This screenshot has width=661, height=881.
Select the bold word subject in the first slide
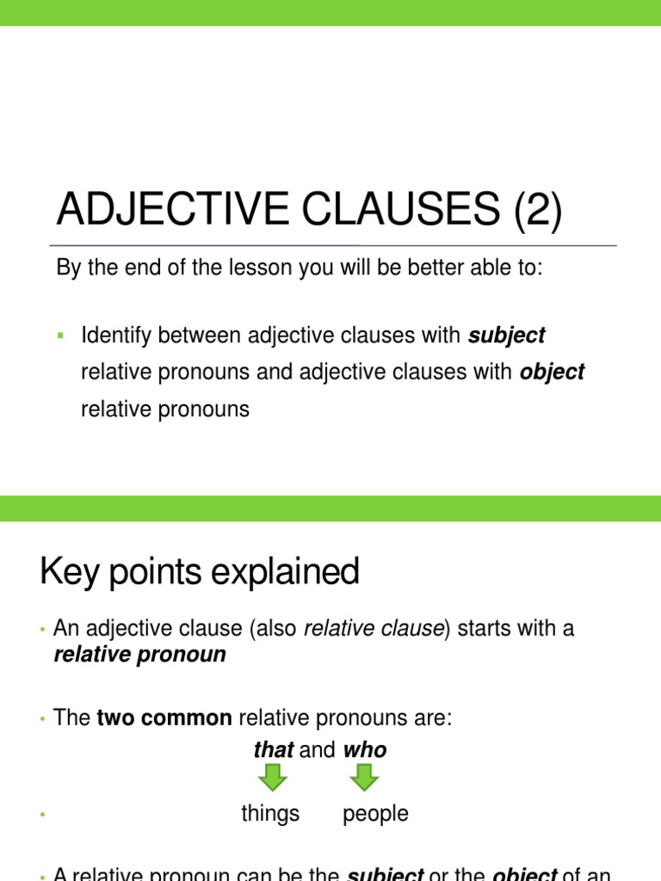(506, 336)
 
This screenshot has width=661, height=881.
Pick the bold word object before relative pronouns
(552, 373)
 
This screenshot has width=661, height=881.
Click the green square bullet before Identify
(60, 335)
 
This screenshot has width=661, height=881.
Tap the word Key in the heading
(69, 572)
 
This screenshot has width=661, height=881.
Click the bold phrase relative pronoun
(139, 655)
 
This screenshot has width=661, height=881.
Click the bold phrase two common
(164, 718)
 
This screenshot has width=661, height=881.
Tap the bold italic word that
(273, 750)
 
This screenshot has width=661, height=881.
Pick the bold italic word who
(365, 750)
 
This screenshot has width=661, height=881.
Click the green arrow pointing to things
(273, 778)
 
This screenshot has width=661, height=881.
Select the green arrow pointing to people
(365, 778)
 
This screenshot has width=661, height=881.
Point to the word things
(270, 814)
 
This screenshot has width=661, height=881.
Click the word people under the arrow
(375, 814)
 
